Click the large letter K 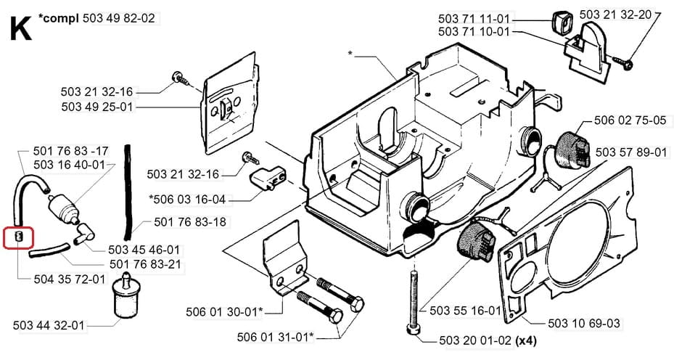(x=20, y=28)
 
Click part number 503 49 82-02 (x=119, y=18)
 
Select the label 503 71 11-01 (x=474, y=19)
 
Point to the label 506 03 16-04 (x=187, y=200)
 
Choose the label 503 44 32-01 (x=49, y=325)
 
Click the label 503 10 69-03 (x=584, y=323)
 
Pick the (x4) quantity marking (x=526, y=341)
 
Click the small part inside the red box (x=18, y=237)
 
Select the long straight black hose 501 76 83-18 (x=127, y=192)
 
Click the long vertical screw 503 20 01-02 (x=412, y=301)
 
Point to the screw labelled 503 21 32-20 (x=622, y=62)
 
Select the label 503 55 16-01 (x=466, y=310)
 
